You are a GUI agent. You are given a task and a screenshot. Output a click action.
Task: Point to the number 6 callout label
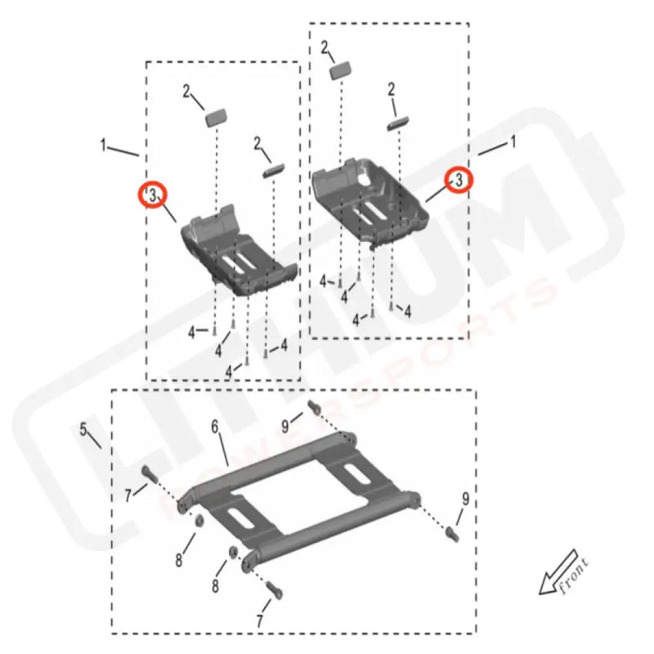click(x=215, y=427)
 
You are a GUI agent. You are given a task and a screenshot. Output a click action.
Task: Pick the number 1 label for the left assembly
click(x=104, y=146)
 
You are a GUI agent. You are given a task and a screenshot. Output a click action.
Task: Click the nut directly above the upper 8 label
click(x=199, y=521)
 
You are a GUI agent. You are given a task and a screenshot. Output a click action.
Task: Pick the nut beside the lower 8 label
click(x=234, y=555)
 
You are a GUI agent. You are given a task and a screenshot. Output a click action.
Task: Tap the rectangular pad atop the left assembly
click(x=215, y=115)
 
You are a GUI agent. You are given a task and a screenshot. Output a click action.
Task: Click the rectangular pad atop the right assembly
click(x=341, y=70)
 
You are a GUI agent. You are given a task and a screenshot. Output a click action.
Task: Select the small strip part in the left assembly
click(x=271, y=171)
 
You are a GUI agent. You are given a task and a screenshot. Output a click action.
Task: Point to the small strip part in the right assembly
click(x=397, y=122)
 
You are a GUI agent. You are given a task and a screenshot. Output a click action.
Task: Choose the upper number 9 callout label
click(x=285, y=425)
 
